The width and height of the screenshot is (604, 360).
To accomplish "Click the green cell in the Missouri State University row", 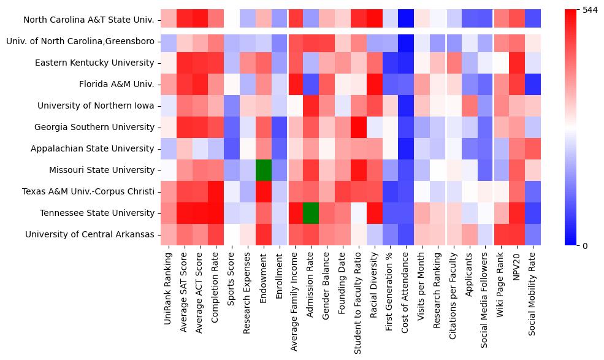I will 264,170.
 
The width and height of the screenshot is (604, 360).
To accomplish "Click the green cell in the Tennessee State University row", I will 311,213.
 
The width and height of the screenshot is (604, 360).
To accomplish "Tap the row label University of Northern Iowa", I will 96,105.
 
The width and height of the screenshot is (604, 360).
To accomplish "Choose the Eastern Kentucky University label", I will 94,63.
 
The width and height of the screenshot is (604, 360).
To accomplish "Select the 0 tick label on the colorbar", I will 585,246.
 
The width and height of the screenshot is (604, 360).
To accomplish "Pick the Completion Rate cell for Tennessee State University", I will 216,213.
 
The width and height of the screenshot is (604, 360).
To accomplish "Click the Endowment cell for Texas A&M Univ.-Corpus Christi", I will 264,191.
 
